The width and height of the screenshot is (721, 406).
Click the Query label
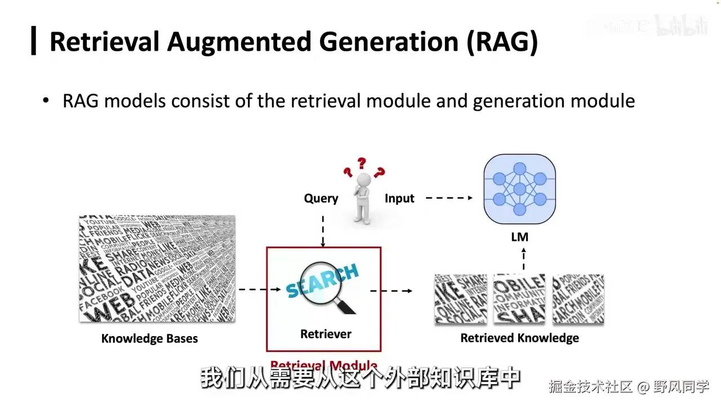coord(321,198)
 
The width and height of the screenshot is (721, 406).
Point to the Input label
coord(399,198)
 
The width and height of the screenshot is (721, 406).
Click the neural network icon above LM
coord(519,189)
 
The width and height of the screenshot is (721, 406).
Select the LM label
coord(519,237)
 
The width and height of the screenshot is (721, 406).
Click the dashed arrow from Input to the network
coord(449,198)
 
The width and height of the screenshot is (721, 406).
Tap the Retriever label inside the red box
coord(326,334)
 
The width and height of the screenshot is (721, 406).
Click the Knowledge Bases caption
coord(149,339)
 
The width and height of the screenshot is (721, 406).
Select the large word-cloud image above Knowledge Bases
coord(157,268)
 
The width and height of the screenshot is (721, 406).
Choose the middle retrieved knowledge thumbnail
coord(519,299)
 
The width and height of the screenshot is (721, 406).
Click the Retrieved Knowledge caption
coord(519,338)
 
